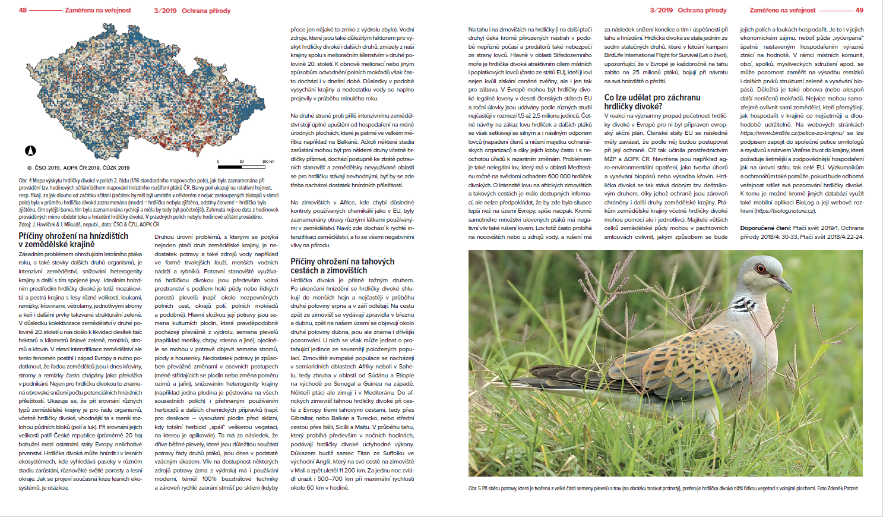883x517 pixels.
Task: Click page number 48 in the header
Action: click(23, 10)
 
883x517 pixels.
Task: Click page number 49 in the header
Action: click(859, 10)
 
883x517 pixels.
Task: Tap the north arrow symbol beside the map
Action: click(30, 151)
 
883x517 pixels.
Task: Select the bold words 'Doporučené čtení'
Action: click(765, 228)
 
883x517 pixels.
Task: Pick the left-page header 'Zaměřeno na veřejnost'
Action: click(98, 10)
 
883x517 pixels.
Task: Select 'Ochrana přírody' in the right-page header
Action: click(702, 10)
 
